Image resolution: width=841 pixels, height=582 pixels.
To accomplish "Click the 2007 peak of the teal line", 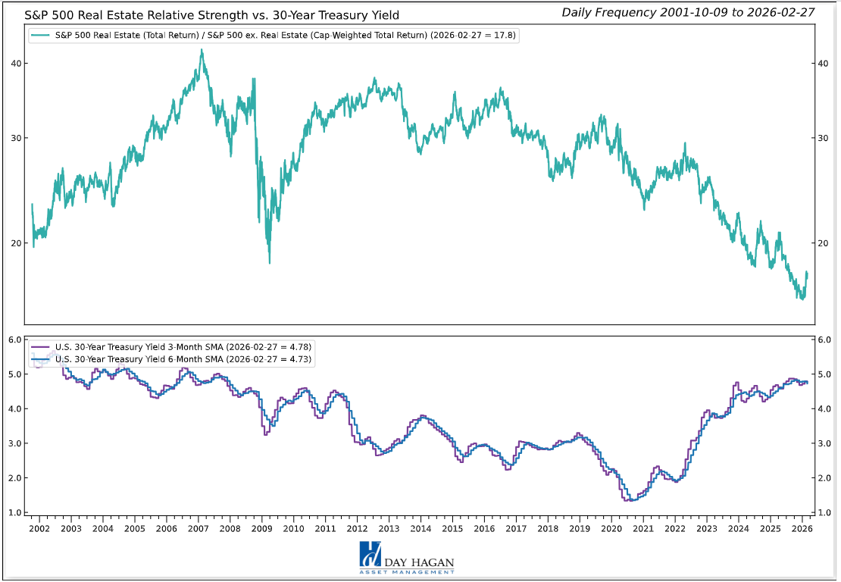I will click(x=202, y=51).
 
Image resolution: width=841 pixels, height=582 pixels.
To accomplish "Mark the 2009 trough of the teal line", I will click(x=270, y=262).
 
